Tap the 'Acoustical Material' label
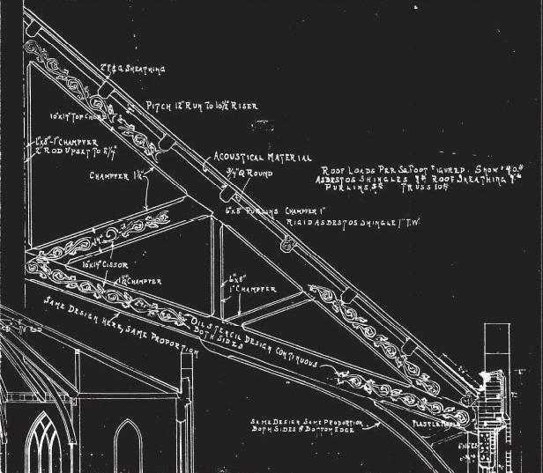pyautogui.click(x=263, y=159)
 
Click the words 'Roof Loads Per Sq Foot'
pyautogui.click(x=370, y=167)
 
